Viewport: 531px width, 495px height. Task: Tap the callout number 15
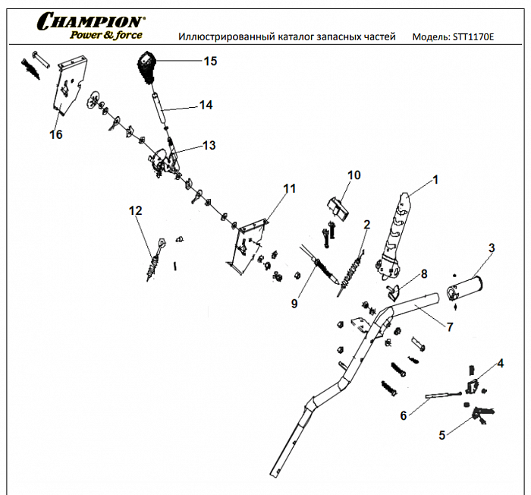210,61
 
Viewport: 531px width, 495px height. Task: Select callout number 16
55,134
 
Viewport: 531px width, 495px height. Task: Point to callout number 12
135,210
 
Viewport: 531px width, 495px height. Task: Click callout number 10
353,175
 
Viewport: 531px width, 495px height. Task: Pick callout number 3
492,247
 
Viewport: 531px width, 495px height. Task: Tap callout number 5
442,435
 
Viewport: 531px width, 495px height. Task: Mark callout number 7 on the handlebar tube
449,327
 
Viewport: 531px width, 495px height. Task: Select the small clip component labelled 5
479,413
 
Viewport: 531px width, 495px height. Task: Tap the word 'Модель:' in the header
430,36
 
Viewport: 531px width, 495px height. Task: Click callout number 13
208,144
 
